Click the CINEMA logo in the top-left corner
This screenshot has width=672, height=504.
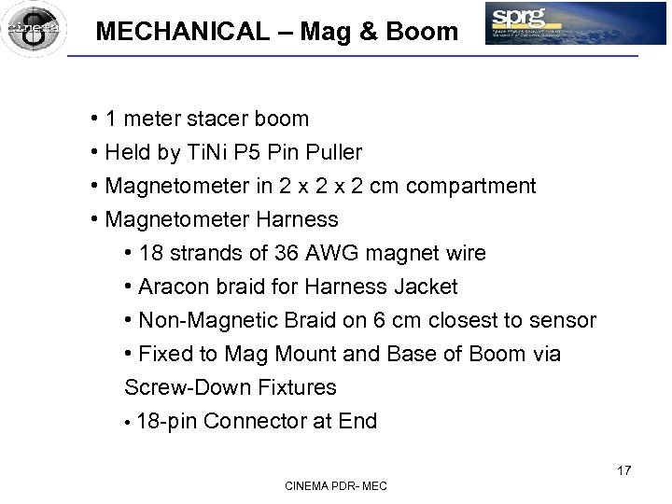click(34, 28)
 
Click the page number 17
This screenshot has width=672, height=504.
click(623, 470)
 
